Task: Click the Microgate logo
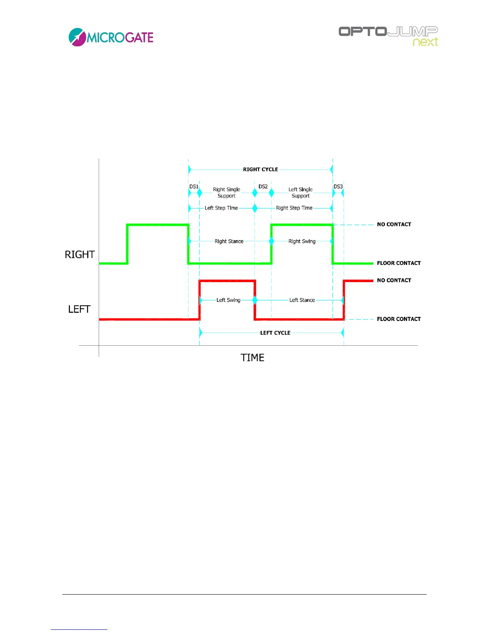click(x=111, y=37)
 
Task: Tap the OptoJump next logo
click(x=388, y=36)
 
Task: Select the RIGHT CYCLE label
click(x=260, y=169)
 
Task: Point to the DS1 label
click(x=194, y=187)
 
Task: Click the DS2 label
click(x=263, y=187)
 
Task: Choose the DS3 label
click(x=338, y=187)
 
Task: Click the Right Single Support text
click(x=227, y=193)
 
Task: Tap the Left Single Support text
click(x=300, y=193)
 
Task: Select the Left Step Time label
click(x=221, y=208)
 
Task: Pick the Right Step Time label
click(x=294, y=208)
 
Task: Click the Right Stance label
click(x=229, y=241)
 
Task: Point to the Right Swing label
click(x=302, y=241)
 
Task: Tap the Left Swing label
click(x=228, y=300)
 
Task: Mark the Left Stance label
click(x=302, y=300)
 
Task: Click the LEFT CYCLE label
click(x=275, y=333)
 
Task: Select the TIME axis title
click(x=252, y=358)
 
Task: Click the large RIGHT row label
click(x=80, y=255)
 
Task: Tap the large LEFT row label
click(x=79, y=309)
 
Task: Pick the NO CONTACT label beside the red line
click(x=394, y=281)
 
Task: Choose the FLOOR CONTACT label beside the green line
click(x=399, y=263)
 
